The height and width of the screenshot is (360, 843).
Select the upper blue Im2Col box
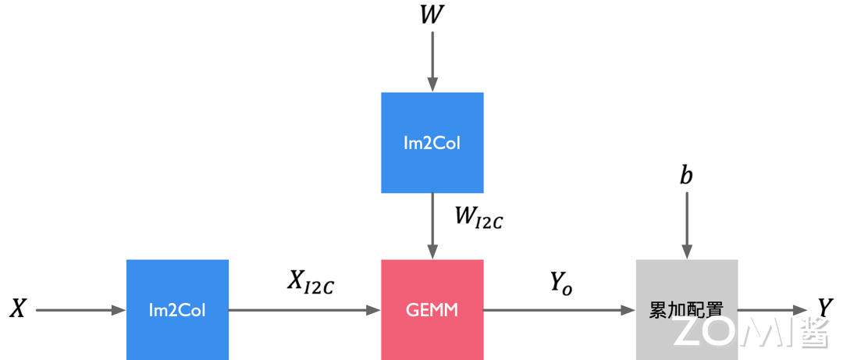pos(432,143)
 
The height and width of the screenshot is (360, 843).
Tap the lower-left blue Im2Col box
pos(177,310)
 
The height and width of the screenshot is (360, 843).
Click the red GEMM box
pos(432,310)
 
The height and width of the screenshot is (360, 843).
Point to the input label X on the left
pos(17,310)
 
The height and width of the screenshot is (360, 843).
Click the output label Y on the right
pos(824,308)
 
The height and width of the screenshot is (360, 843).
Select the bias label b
pos(686,176)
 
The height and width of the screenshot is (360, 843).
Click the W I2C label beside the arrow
pos(478,217)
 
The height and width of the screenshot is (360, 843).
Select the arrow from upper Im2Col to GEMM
pos(432,226)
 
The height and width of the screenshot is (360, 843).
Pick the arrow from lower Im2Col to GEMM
pos(304,310)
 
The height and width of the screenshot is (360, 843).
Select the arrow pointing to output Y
pos(772,310)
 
